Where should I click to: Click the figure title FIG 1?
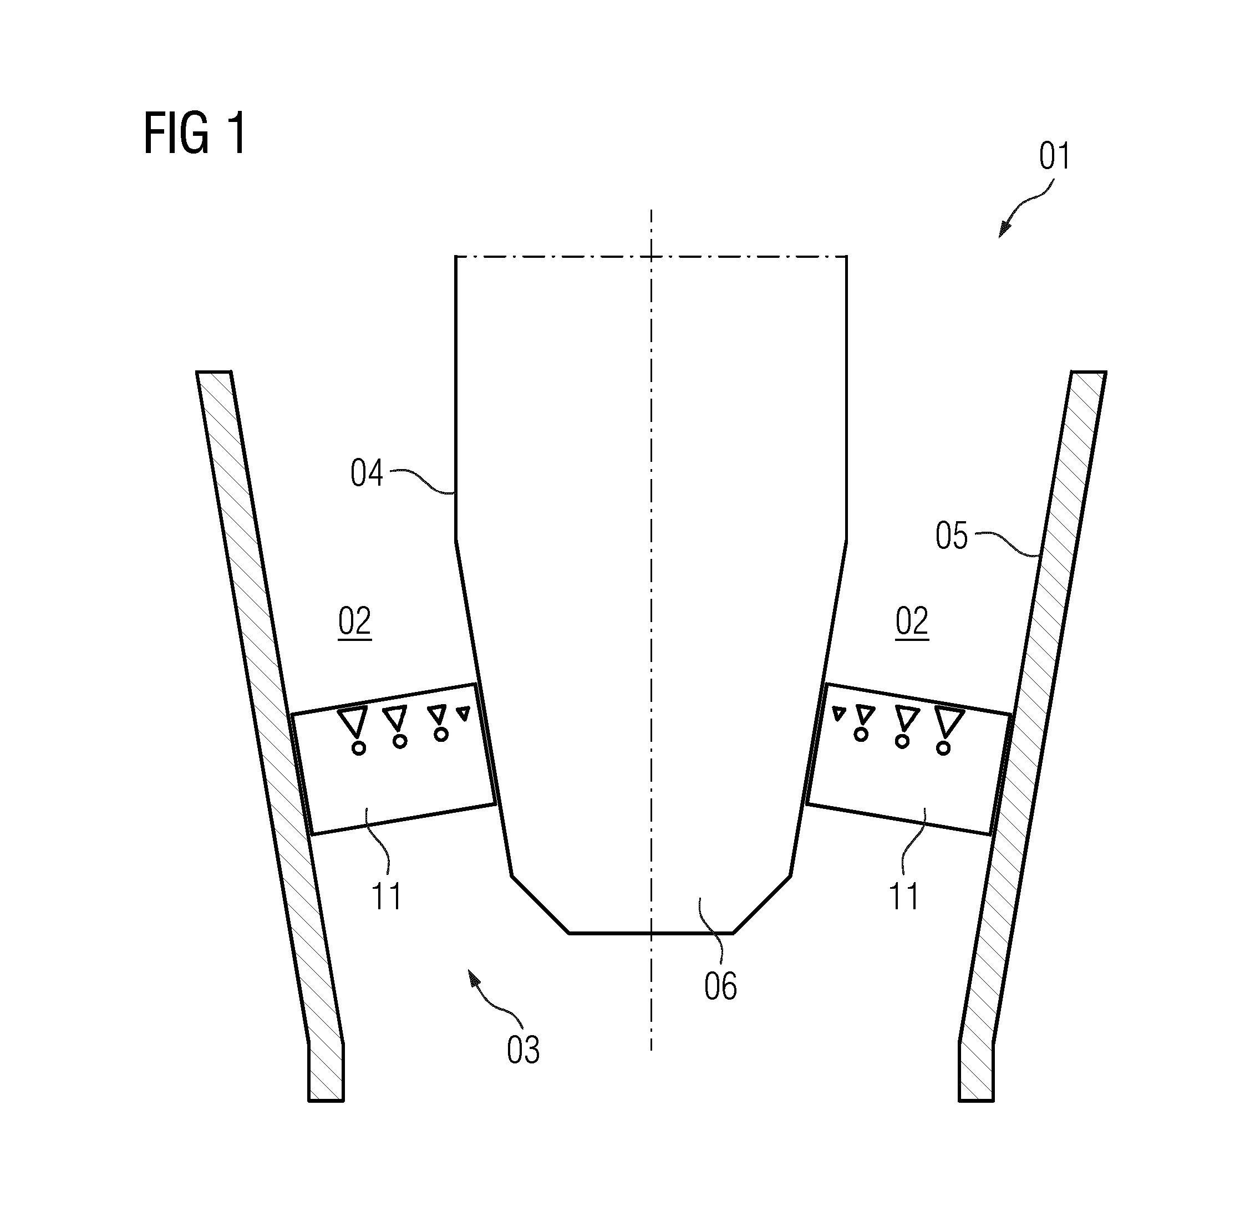(195, 133)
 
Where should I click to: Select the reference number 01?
(1055, 156)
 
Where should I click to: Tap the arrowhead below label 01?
(1004, 228)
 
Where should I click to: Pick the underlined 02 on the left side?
(354, 622)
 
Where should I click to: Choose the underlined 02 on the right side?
(912, 622)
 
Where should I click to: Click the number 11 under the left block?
(387, 897)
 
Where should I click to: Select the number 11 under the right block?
(904, 897)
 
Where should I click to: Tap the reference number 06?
(720, 986)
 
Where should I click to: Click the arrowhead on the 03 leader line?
(474, 977)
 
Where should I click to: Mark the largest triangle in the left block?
(353, 719)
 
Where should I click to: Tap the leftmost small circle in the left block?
(359, 748)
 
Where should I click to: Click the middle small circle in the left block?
(400, 741)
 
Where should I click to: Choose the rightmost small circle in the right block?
(943, 748)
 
